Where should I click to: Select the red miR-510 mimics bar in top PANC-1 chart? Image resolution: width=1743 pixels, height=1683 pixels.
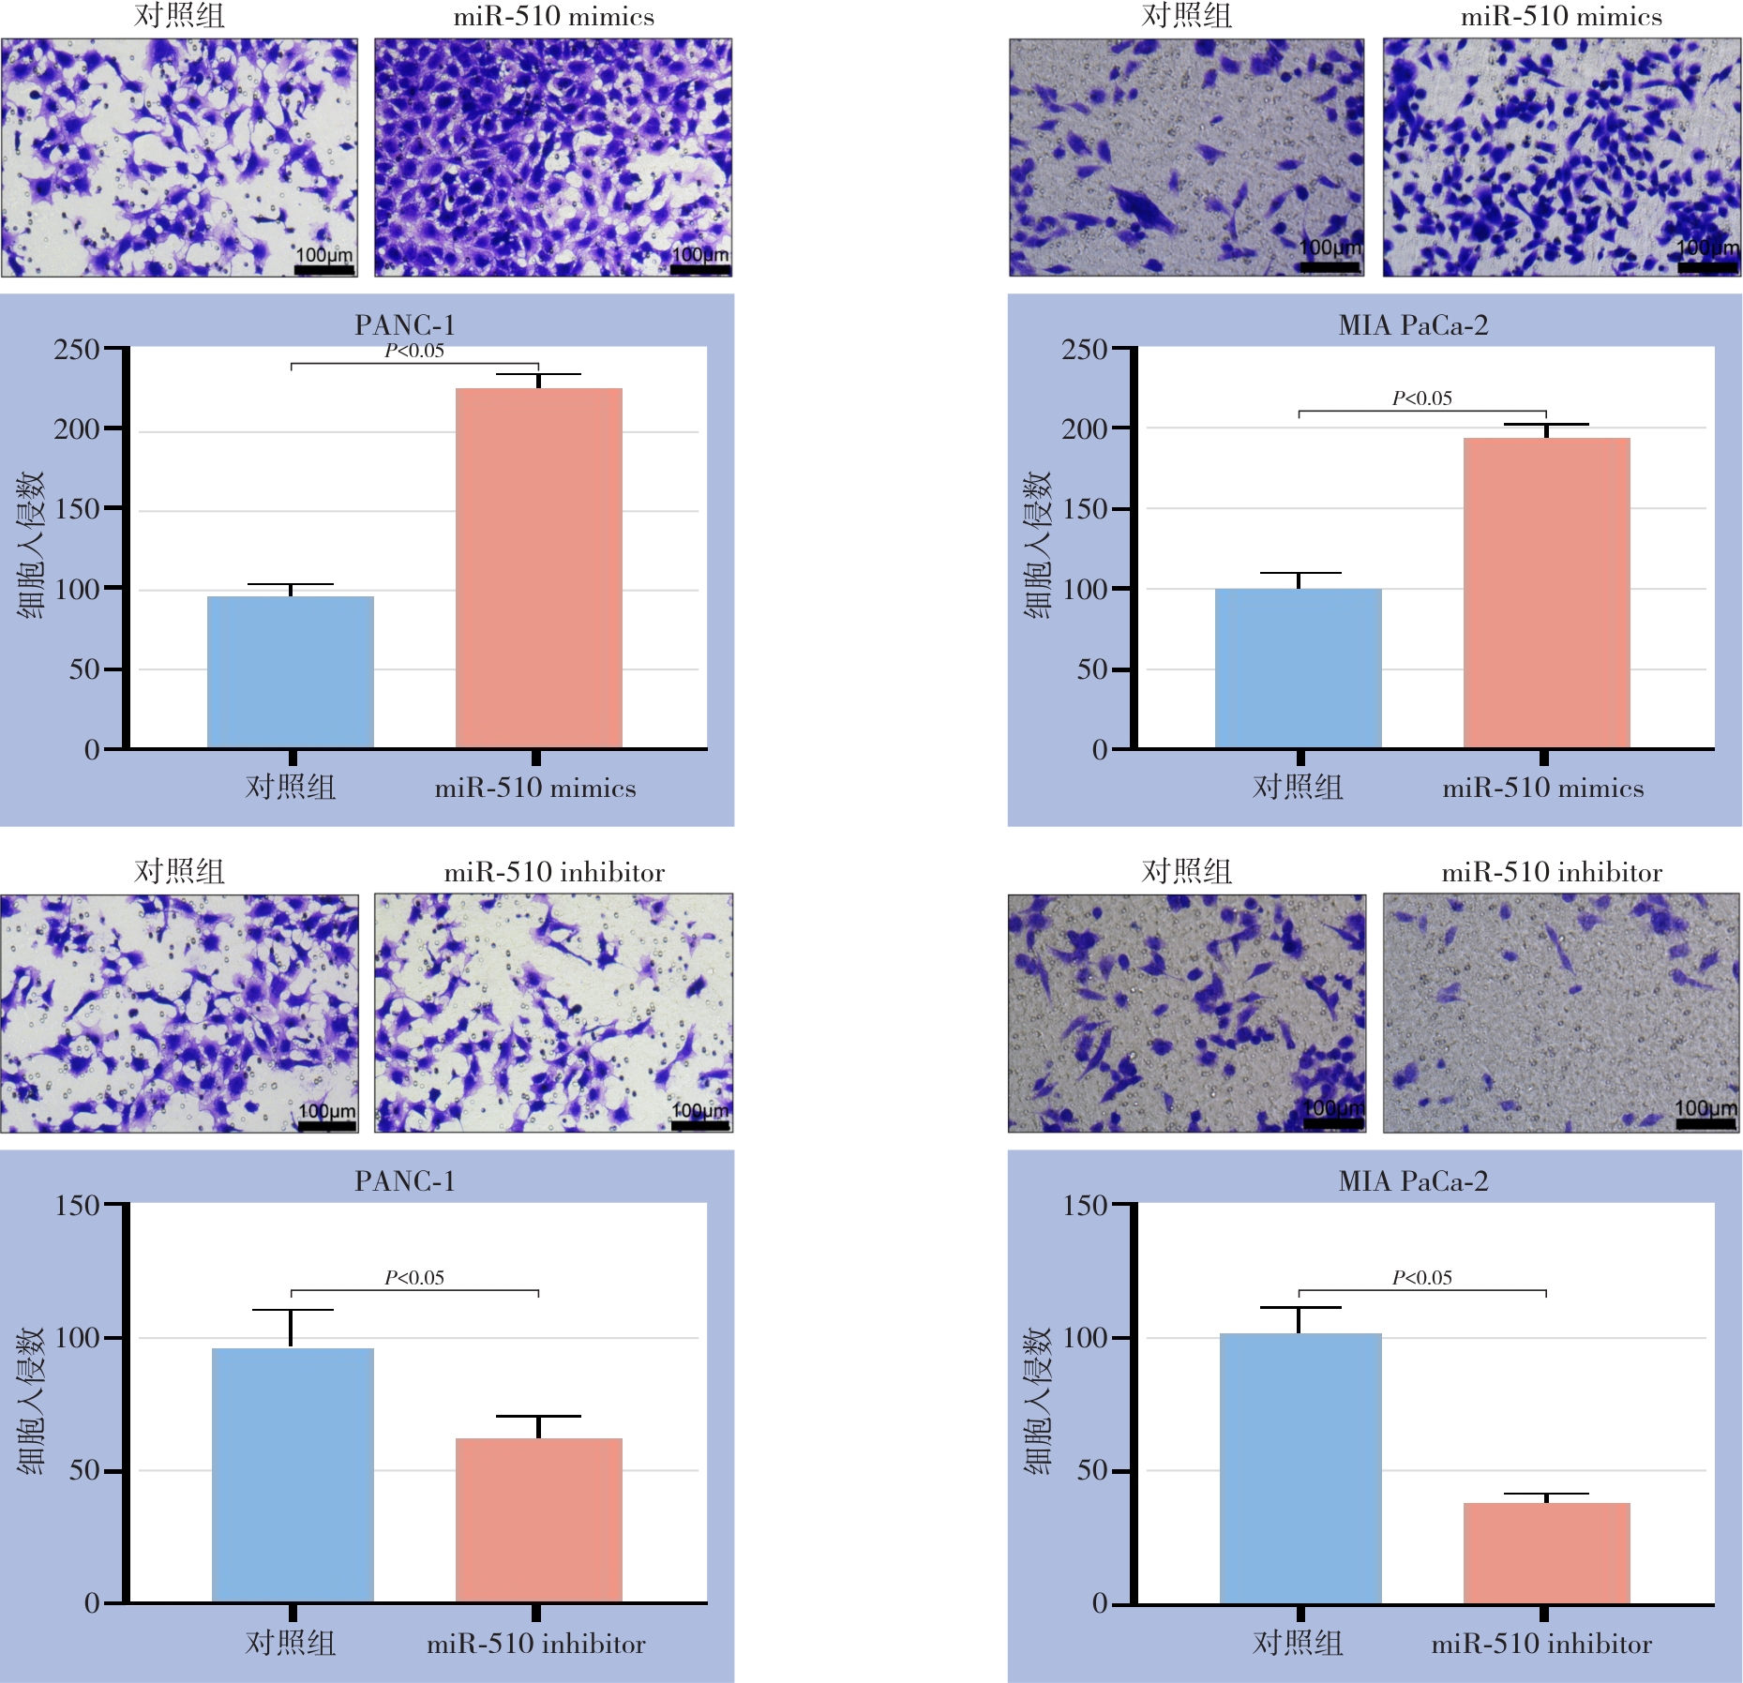(539, 568)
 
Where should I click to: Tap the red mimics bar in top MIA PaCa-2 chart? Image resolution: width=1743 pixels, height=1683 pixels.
(1546, 593)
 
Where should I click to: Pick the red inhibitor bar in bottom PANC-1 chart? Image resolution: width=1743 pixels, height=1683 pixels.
(539, 1520)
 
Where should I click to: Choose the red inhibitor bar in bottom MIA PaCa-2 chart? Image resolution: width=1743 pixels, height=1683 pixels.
(1546, 1553)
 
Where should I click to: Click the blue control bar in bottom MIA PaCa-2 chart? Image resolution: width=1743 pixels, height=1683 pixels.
(1300, 1467)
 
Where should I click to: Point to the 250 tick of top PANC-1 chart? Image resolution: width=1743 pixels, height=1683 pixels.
(77, 350)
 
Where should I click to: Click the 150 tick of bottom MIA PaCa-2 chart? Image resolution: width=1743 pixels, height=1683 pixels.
(1085, 1205)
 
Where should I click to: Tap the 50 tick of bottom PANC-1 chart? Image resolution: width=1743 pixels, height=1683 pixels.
(84, 1470)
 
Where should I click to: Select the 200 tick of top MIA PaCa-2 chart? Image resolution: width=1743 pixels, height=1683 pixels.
(1085, 429)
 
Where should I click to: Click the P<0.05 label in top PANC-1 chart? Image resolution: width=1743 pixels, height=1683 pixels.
(414, 351)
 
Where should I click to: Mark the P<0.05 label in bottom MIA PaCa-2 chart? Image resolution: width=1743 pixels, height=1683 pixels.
(1421, 1277)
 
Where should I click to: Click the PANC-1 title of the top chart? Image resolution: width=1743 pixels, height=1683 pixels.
(405, 325)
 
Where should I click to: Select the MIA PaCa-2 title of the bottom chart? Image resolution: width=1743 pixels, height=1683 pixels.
(1413, 1181)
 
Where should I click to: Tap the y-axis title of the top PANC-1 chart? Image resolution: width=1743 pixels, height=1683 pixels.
(30, 546)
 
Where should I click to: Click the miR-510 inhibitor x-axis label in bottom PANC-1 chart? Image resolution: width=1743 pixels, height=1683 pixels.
(535, 1644)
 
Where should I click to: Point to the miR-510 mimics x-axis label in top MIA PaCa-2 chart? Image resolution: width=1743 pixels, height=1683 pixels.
(1542, 788)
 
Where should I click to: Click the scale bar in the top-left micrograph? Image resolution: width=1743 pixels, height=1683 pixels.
(324, 270)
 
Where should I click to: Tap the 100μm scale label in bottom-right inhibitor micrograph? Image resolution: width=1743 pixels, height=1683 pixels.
(1705, 1108)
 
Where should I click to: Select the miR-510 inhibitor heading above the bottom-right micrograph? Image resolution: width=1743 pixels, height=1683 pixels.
(1551, 873)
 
